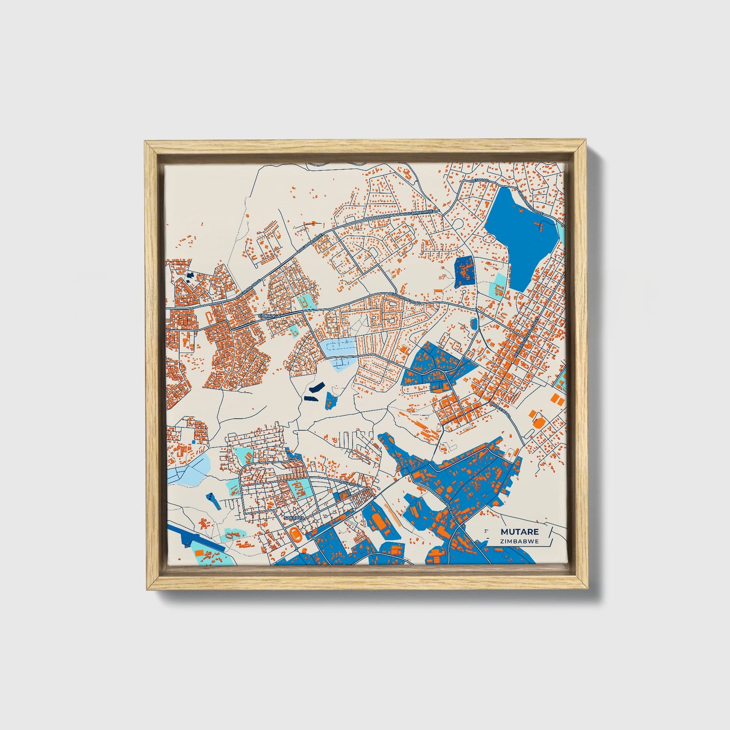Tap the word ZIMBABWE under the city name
519,541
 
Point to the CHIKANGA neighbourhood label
268,316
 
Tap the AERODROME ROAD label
402,298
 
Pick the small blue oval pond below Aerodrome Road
474,324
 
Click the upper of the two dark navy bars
316,387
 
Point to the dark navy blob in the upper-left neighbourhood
190,275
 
